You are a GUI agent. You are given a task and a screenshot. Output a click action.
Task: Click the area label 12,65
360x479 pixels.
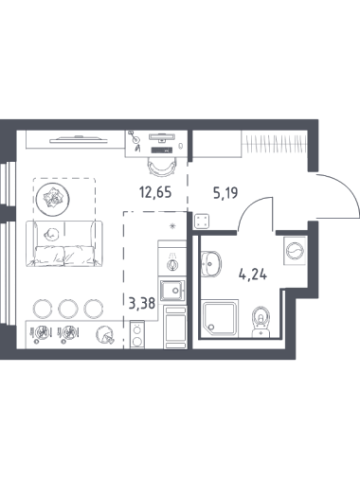pyautogui.click(x=155, y=192)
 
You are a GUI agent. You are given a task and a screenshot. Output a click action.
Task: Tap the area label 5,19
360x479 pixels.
pyautogui.click(x=225, y=193)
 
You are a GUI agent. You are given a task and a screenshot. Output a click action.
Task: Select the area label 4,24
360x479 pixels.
pyautogui.click(x=253, y=274)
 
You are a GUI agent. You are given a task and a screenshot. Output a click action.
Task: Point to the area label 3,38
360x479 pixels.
pyautogui.click(x=142, y=303)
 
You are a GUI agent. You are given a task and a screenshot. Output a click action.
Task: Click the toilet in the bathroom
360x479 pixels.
pyautogui.click(x=261, y=321)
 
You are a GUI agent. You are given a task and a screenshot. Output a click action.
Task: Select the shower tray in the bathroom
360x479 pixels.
pyautogui.click(x=221, y=318)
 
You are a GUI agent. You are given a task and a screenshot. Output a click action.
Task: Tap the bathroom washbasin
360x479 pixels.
pyautogui.click(x=211, y=264)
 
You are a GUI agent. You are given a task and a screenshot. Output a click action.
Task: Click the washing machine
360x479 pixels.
pyautogui.click(x=295, y=251)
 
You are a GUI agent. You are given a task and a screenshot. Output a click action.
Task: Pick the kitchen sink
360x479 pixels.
pyautogui.click(x=172, y=291)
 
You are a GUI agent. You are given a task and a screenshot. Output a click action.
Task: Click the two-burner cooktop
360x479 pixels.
pyautogui.click(x=137, y=335)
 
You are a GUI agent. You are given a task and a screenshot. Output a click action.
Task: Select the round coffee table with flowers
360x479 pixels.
pyautogui.click(x=52, y=199)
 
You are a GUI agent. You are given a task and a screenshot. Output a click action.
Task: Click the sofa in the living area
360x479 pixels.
pyautogui.click(x=64, y=243)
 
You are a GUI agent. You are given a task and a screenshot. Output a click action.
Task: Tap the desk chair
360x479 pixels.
pyautogui.click(x=162, y=167)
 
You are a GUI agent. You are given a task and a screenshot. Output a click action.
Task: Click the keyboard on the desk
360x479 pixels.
pyautogui.click(x=161, y=151)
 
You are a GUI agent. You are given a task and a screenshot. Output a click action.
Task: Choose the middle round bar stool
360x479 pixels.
pyautogui.click(x=68, y=309)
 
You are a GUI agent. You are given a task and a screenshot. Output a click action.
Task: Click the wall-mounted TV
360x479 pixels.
pyautogui.click(x=80, y=139)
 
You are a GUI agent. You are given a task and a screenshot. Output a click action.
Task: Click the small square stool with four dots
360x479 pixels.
pyautogui.click(x=202, y=221)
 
